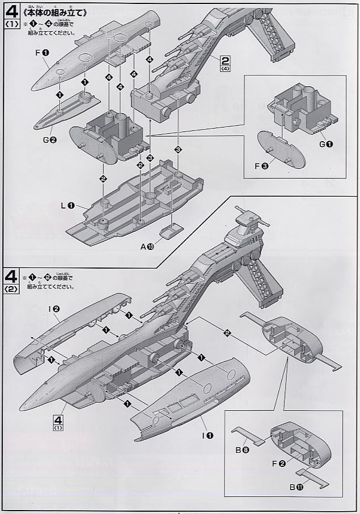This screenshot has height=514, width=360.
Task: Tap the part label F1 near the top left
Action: click(x=41, y=53)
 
